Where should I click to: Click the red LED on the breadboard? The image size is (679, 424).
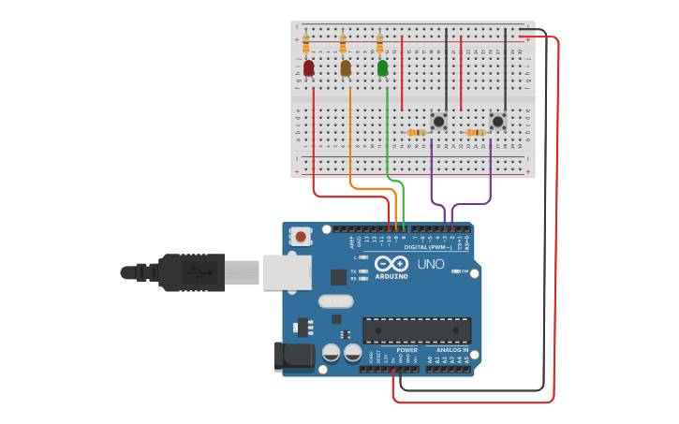pyautogui.click(x=309, y=68)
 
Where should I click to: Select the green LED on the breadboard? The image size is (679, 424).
pyautogui.click(x=382, y=68)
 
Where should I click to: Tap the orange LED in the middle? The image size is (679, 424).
pyautogui.click(x=346, y=68)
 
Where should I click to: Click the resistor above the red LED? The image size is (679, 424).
pyautogui.click(x=306, y=43)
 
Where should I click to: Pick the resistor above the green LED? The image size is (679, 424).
pyautogui.click(x=379, y=43)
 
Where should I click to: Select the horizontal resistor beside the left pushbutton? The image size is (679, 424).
pyautogui.click(x=417, y=132)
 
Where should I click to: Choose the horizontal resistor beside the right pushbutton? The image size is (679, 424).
pyautogui.click(x=476, y=132)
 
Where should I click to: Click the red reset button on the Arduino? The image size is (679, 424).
pyautogui.click(x=301, y=237)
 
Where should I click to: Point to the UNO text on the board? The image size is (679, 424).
pyautogui.click(x=430, y=265)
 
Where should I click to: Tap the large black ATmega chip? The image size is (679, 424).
pyautogui.click(x=417, y=330)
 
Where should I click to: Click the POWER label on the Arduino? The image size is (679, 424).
pyautogui.click(x=406, y=349)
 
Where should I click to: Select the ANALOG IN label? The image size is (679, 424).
pyautogui.click(x=451, y=349)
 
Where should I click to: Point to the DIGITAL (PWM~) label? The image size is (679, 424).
pyautogui.click(x=427, y=247)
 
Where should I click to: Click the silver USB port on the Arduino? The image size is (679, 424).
pyautogui.click(x=287, y=271)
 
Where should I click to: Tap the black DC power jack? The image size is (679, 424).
pyautogui.click(x=292, y=355)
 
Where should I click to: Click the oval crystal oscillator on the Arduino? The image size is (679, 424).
pyautogui.click(x=335, y=301)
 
